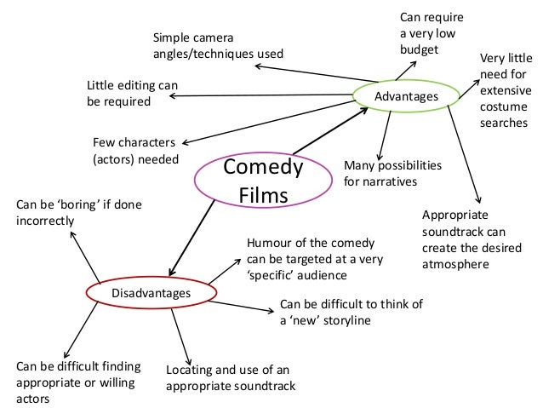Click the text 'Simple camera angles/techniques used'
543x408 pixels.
217,46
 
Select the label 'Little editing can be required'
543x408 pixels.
132,93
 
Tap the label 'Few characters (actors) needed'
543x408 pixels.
134,150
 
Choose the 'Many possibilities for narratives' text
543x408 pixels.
392,173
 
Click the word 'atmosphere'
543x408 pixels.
455,265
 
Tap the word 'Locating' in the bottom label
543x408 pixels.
191,371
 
